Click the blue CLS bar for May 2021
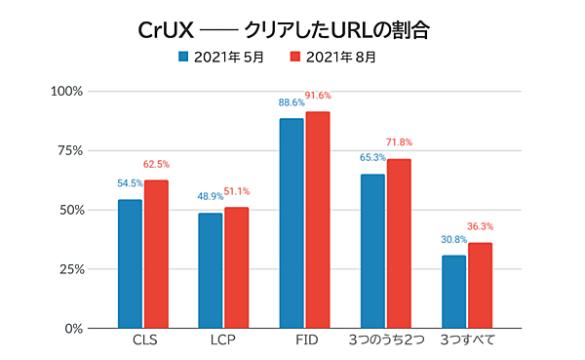pyautogui.click(x=130, y=263)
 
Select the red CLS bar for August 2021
pyautogui.click(x=156, y=254)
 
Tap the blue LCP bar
pyautogui.click(x=211, y=270)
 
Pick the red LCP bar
pyautogui.click(x=237, y=267)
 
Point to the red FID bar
pyautogui.click(x=318, y=220)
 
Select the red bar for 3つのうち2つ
pyautogui.click(x=399, y=243)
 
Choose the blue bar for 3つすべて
pyautogui.click(x=453, y=291)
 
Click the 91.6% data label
pyautogui.click(x=319, y=96)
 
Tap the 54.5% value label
pyautogui.click(x=131, y=183)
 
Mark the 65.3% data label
pyautogui.click(x=372, y=157)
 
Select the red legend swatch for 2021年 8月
pyautogui.click(x=299, y=57)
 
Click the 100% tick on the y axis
pyautogui.click(x=71, y=92)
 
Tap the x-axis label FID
pyautogui.click(x=304, y=342)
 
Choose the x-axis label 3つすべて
pyautogui.click(x=467, y=342)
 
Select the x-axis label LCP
pyautogui.click(x=223, y=342)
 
